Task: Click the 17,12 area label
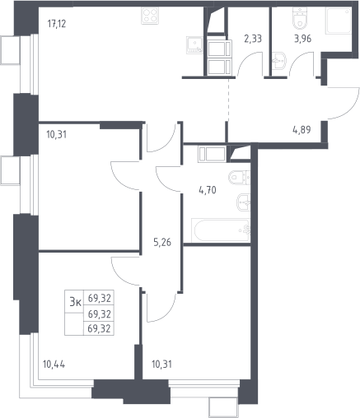coord(57,24)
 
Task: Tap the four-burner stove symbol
coord(150,16)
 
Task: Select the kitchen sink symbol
coord(194,44)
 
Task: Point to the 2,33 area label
coord(253,39)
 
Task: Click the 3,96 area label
coord(302,39)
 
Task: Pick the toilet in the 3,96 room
coord(300,18)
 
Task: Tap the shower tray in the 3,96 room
coord(339,21)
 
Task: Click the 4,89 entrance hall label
coord(302,130)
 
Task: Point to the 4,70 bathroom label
coord(208,190)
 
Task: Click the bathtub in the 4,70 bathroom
coord(221,230)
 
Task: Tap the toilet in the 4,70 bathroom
coord(239,178)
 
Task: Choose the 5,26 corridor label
coord(162,242)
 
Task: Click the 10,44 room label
coord(54,365)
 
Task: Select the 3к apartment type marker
coord(75,302)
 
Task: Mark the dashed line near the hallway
coord(228,100)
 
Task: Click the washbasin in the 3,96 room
coord(279,61)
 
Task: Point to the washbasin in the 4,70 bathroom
coord(243,202)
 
